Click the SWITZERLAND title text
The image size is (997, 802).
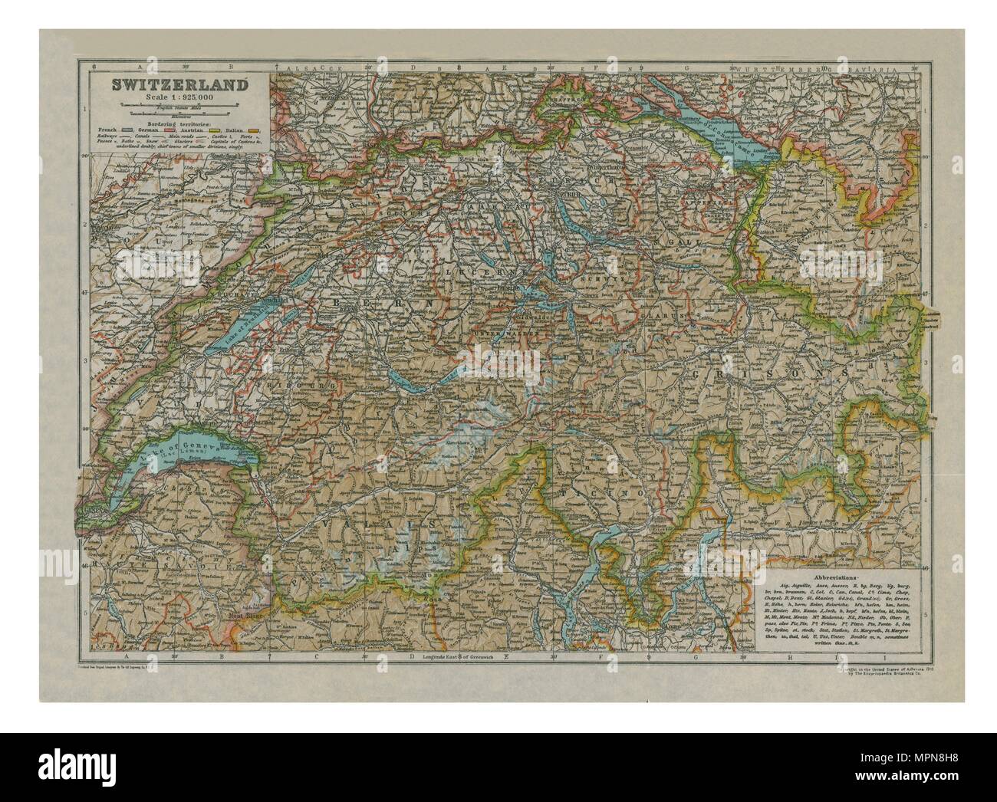point(176,84)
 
